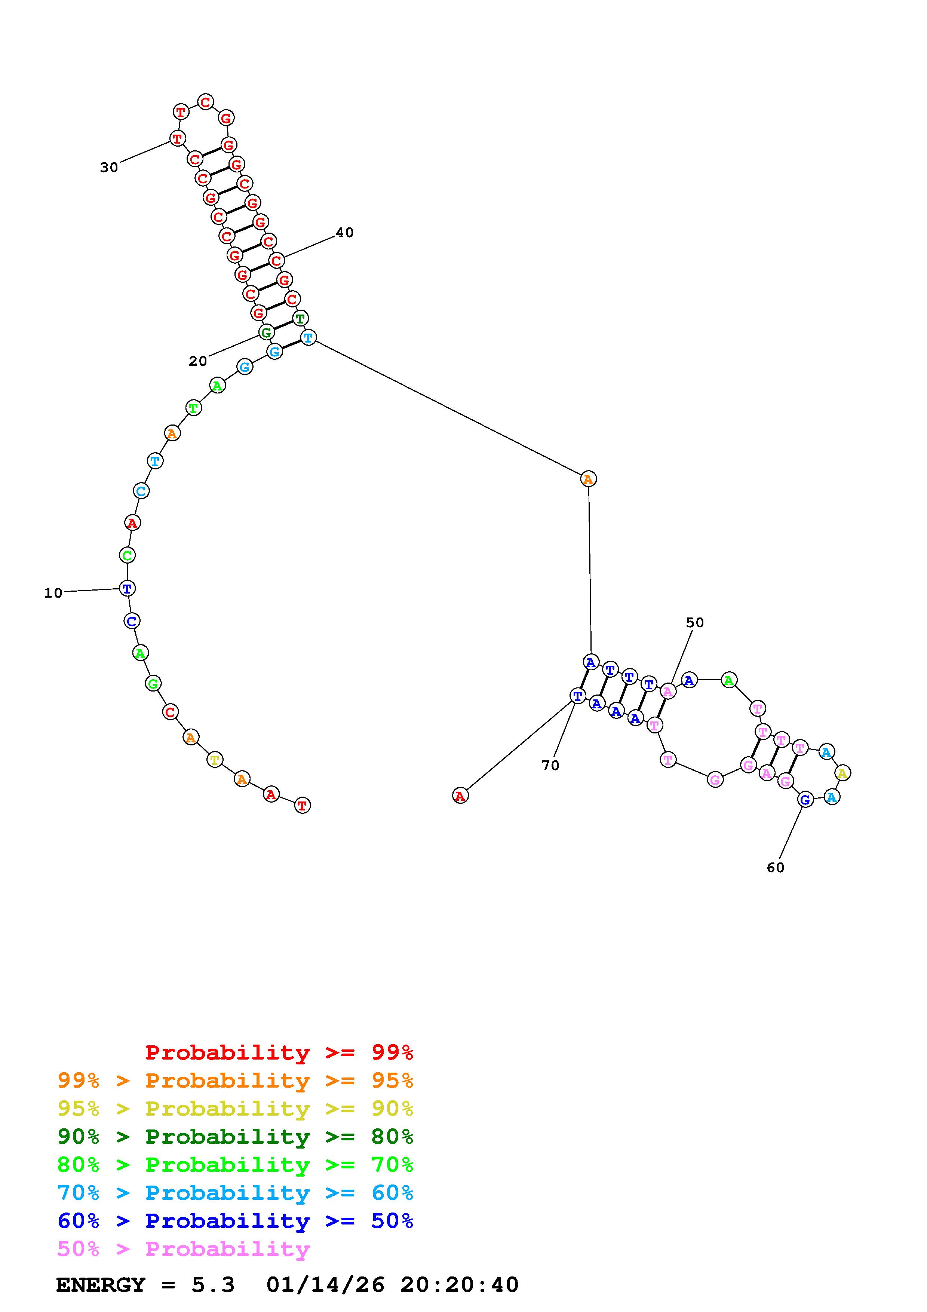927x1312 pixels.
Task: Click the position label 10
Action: [x=53, y=593]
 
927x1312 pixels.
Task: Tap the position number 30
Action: [x=109, y=168]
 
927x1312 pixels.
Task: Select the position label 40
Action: [x=344, y=233]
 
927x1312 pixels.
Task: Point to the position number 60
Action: [x=775, y=867]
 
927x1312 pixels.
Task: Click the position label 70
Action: [x=550, y=765]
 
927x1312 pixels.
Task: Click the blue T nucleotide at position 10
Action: [x=128, y=588]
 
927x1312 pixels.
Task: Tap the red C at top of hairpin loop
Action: [x=205, y=102]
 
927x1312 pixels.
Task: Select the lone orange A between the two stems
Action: [x=588, y=479]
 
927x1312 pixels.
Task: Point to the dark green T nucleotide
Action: [x=300, y=318]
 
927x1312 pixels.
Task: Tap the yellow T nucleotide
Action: [x=215, y=760]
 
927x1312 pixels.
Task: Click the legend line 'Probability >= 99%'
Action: [x=279, y=1052]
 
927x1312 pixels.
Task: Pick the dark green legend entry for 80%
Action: [x=235, y=1137]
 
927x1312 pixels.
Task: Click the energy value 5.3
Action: [x=212, y=1285]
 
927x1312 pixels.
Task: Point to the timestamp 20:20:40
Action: [x=459, y=1285]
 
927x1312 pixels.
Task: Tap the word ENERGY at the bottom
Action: [x=101, y=1285]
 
